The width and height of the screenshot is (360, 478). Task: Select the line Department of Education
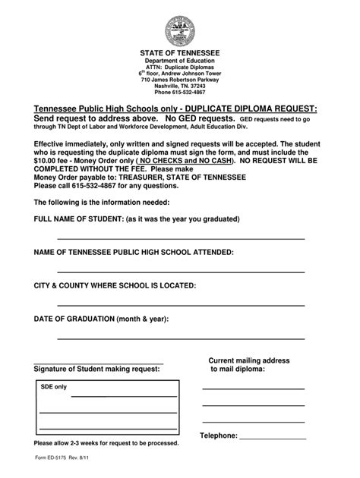tap(180, 60)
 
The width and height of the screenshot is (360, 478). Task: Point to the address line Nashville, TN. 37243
tap(180, 85)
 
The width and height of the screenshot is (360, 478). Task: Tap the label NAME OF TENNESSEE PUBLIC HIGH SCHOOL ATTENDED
tap(134, 252)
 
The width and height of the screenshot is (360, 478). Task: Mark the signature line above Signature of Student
tap(99, 363)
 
